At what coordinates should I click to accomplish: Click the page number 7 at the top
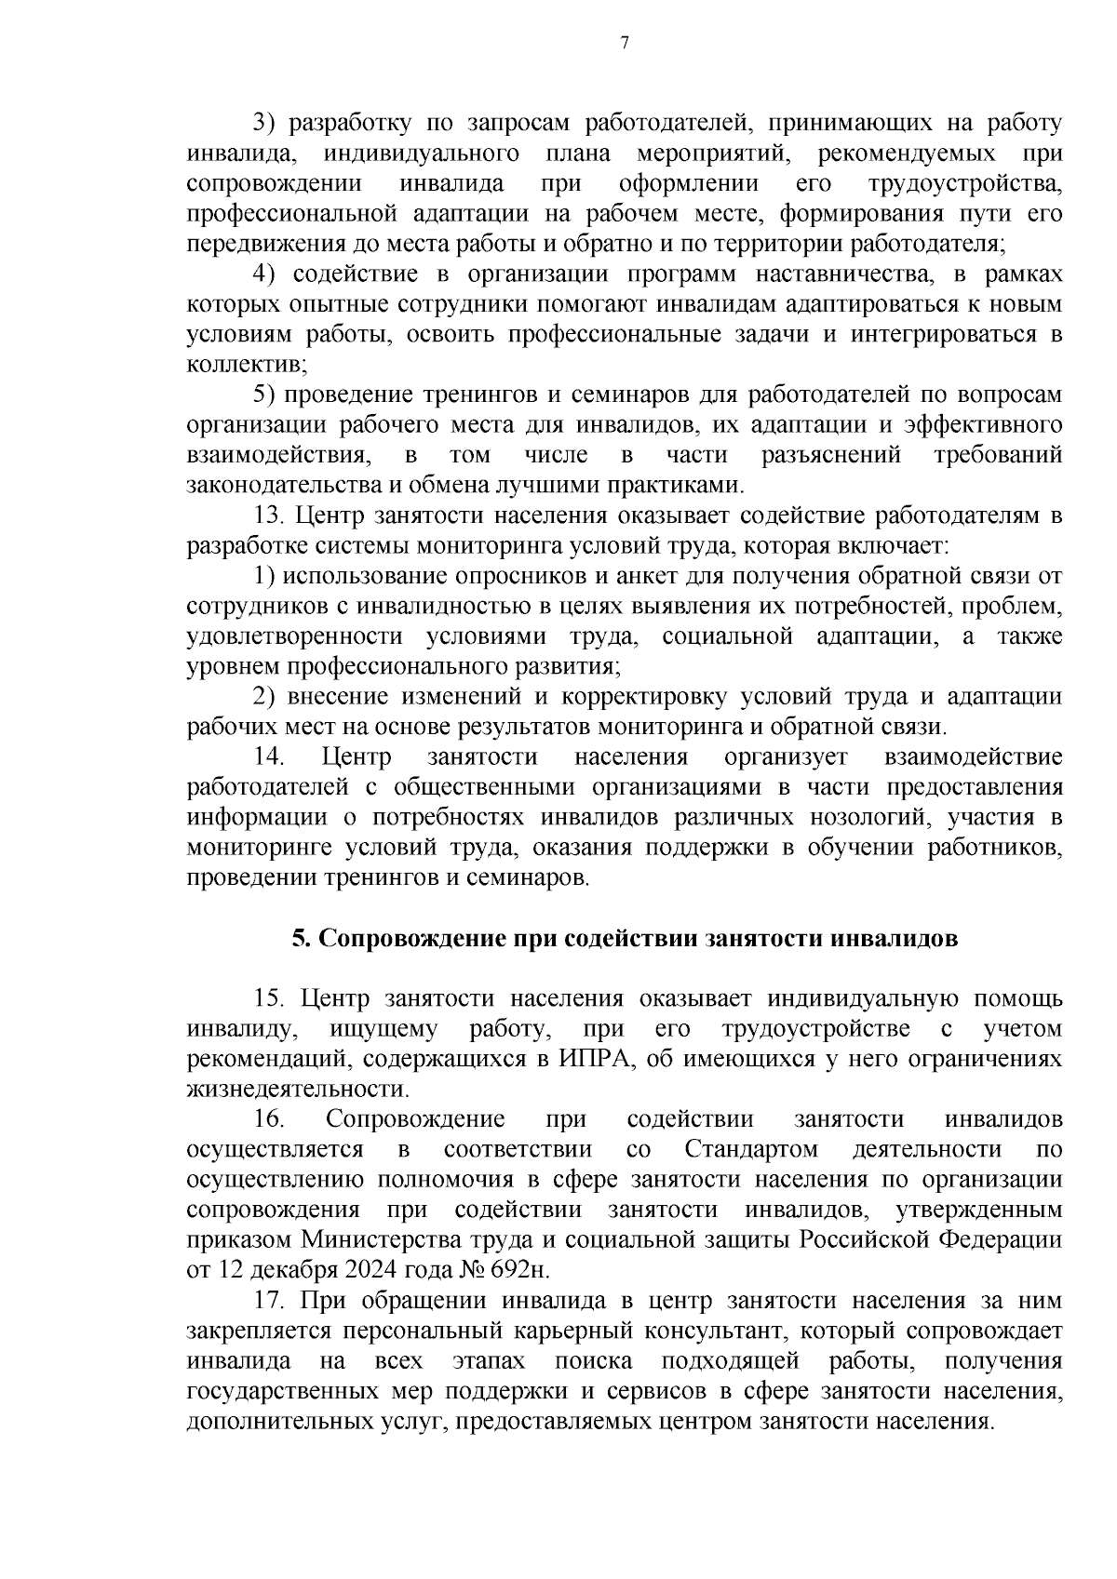pyautogui.click(x=625, y=43)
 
